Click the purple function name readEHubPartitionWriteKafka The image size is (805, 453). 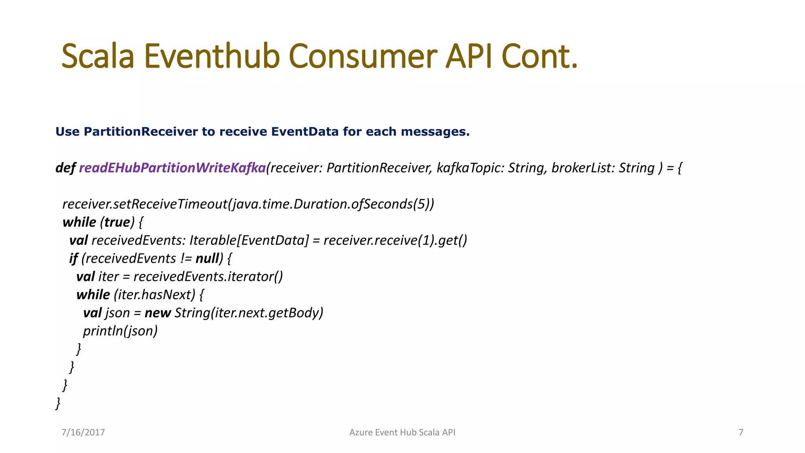pyautogui.click(x=172, y=168)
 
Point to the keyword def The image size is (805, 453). pyautogui.click(x=65, y=168)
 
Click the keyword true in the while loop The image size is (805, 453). pyautogui.click(x=117, y=222)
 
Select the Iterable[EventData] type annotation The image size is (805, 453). pyautogui.click(x=249, y=240)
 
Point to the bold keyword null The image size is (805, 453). pyautogui.click(x=207, y=258)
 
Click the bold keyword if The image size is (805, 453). pyautogui.click(x=73, y=258)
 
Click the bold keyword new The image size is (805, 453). pyautogui.click(x=158, y=313)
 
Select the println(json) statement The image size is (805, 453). pyautogui.click(x=120, y=331)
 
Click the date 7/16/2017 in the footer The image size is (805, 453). pyautogui.click(x=83, y=433)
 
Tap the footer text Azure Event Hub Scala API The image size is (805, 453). pyautogui.click(x=402, y=433)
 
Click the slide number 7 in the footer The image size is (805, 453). pyautogui.click(x=741, y=433)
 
